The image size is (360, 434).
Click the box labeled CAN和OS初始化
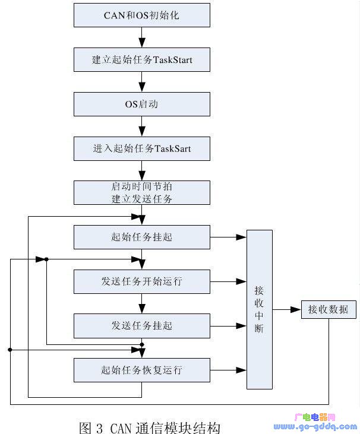point(141,15)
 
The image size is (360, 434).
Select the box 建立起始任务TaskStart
point(141,60)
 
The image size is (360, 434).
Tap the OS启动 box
point(141,104)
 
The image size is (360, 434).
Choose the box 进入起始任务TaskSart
point(141,148)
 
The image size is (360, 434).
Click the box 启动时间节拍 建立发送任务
point(141,193)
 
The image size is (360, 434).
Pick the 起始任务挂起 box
point(141,237)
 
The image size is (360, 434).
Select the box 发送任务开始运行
point(141,281)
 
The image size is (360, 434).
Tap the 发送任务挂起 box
point(141,325)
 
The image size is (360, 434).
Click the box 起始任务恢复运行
point(141,370)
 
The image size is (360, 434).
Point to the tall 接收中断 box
point(259,309)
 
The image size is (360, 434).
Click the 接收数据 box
point(328,309)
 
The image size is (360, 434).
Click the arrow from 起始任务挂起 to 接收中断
point(228,237)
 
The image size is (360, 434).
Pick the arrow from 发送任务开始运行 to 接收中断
point(228,281)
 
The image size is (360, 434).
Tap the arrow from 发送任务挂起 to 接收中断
point(228,325)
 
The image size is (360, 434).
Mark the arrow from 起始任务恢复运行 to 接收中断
point(228,370)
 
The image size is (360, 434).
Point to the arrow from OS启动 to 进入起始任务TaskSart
point(141,126)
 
